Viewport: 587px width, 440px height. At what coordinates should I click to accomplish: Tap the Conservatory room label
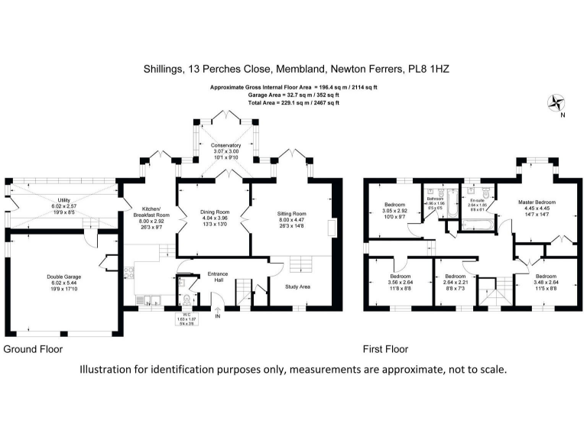coord(225,145)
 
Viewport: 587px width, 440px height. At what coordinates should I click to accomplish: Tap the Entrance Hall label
coord(219,274)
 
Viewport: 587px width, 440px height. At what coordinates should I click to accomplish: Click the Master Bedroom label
coord(534,202)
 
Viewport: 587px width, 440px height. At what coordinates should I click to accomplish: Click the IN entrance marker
coord(218,316)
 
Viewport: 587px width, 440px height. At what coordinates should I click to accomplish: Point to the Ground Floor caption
coord(33,349)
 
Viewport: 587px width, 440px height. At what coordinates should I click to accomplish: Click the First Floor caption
coord(385,349)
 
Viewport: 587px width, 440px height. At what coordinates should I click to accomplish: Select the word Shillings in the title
coord(164,68)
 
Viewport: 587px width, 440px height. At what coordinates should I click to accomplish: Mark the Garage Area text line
coord(293,95)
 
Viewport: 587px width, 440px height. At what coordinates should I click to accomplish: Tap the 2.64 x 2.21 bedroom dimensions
coord(456,282)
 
